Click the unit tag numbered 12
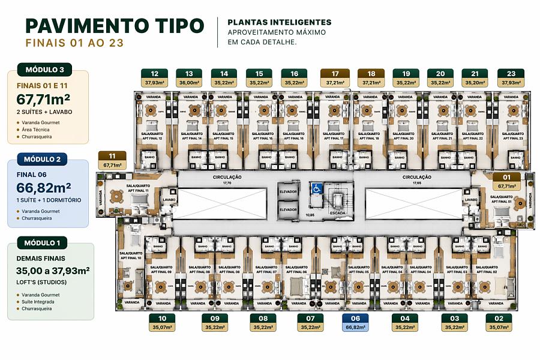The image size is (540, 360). click(x=155, y=78)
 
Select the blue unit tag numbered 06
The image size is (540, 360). click(x=355, y=323)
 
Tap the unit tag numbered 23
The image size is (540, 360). click(x=511, y=78)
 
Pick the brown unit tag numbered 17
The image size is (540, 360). click(x=335, y=78)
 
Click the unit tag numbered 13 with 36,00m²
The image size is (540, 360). click(x=189, y=78)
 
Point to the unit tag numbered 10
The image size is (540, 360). click(x=162, y=323)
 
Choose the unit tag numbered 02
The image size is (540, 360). click(x=499, y=323)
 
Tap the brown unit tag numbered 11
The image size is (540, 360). click(x=112, y=160)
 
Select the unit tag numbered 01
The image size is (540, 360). click(x=506, y=182)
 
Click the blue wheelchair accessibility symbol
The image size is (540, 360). click(x=317, y=188)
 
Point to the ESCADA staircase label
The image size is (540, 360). click(x=337, y=213)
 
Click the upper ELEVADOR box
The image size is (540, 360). click(x=288, y=191)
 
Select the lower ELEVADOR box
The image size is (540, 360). click(x=288, y=209)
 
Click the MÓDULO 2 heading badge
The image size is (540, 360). click(x=42, y=159)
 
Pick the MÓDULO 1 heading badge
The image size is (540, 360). click(x=42, y=242)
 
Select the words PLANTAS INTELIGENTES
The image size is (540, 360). click(x=279, y=22)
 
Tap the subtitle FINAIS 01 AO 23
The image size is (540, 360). click(x=75, y=43)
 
